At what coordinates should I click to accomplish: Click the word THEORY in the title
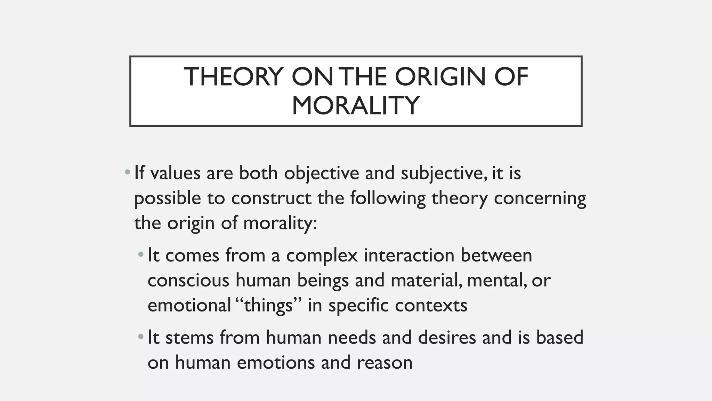click(233, 77)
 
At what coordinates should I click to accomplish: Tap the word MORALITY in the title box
click(356, 105)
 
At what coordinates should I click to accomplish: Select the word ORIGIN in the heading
click(440, 77)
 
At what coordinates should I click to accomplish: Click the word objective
click(321, 173)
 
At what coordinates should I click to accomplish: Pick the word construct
click(271, 198)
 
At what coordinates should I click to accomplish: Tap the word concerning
click(540, 198)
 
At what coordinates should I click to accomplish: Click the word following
click(387, 198)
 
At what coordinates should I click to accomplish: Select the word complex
click(322, 255)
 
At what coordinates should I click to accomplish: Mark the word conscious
click(188, 281)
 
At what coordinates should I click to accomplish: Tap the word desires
click(447, 338)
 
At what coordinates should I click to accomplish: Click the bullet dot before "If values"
click(128, 172)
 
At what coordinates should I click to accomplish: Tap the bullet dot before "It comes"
click(141, 255)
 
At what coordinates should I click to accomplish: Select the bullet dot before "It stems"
click(141, 337)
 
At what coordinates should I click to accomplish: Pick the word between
click(496, 255)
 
